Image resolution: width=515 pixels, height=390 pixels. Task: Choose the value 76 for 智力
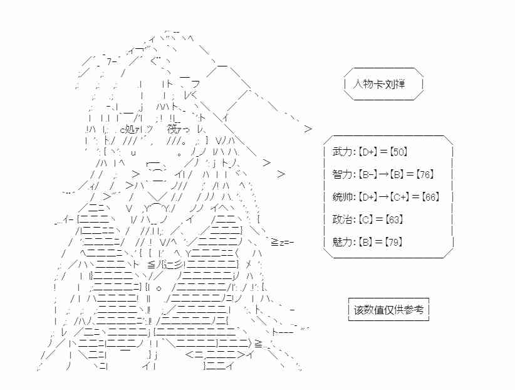click(425, 174)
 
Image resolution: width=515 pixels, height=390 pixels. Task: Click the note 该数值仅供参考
click(388, 310)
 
